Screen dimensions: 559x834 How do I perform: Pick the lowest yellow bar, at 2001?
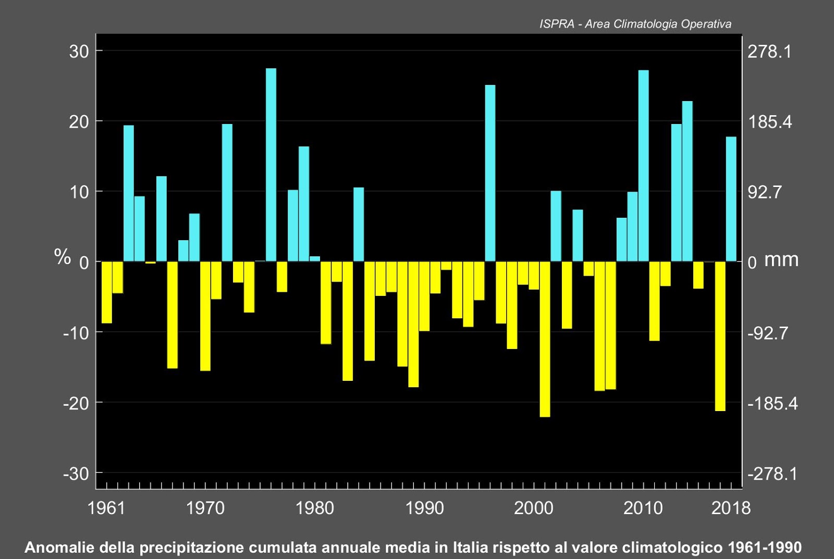point(545,339)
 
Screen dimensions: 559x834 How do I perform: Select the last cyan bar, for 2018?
point(731,198)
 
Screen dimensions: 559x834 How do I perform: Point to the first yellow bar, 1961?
point(106,292)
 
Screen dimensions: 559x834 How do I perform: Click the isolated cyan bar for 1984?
point(358,224)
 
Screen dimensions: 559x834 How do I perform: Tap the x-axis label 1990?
point(424,508)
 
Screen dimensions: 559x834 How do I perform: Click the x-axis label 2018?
point(731,508)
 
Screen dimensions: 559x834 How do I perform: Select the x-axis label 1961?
point(106,508)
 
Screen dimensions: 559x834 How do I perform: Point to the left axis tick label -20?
point(76,403)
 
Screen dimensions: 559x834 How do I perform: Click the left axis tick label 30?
point(79,52)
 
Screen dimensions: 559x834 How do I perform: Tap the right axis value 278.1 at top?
point(769,52)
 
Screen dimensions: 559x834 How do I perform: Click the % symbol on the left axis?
point(63,257)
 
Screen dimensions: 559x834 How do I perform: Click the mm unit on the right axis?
point(781,259)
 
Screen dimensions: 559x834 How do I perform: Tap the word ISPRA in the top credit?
point(556,24)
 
